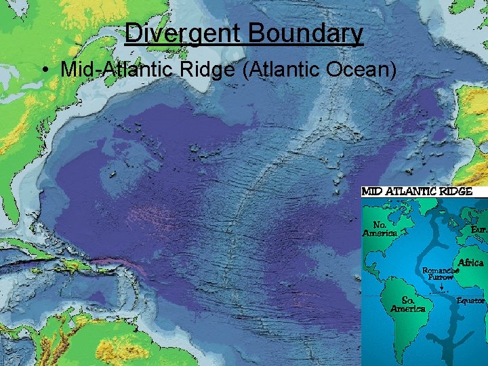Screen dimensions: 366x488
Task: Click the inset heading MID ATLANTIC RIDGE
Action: click(417, 191)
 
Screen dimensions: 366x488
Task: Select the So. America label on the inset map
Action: click(408, 304)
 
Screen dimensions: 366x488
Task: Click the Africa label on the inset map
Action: click(471, 262)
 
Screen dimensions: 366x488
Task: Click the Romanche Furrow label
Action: click(441, 273)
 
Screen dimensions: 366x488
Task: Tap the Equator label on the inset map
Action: click(471, 300)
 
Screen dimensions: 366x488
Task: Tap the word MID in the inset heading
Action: click(373, 191)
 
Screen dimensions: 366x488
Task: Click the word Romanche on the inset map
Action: click(441, 270)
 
